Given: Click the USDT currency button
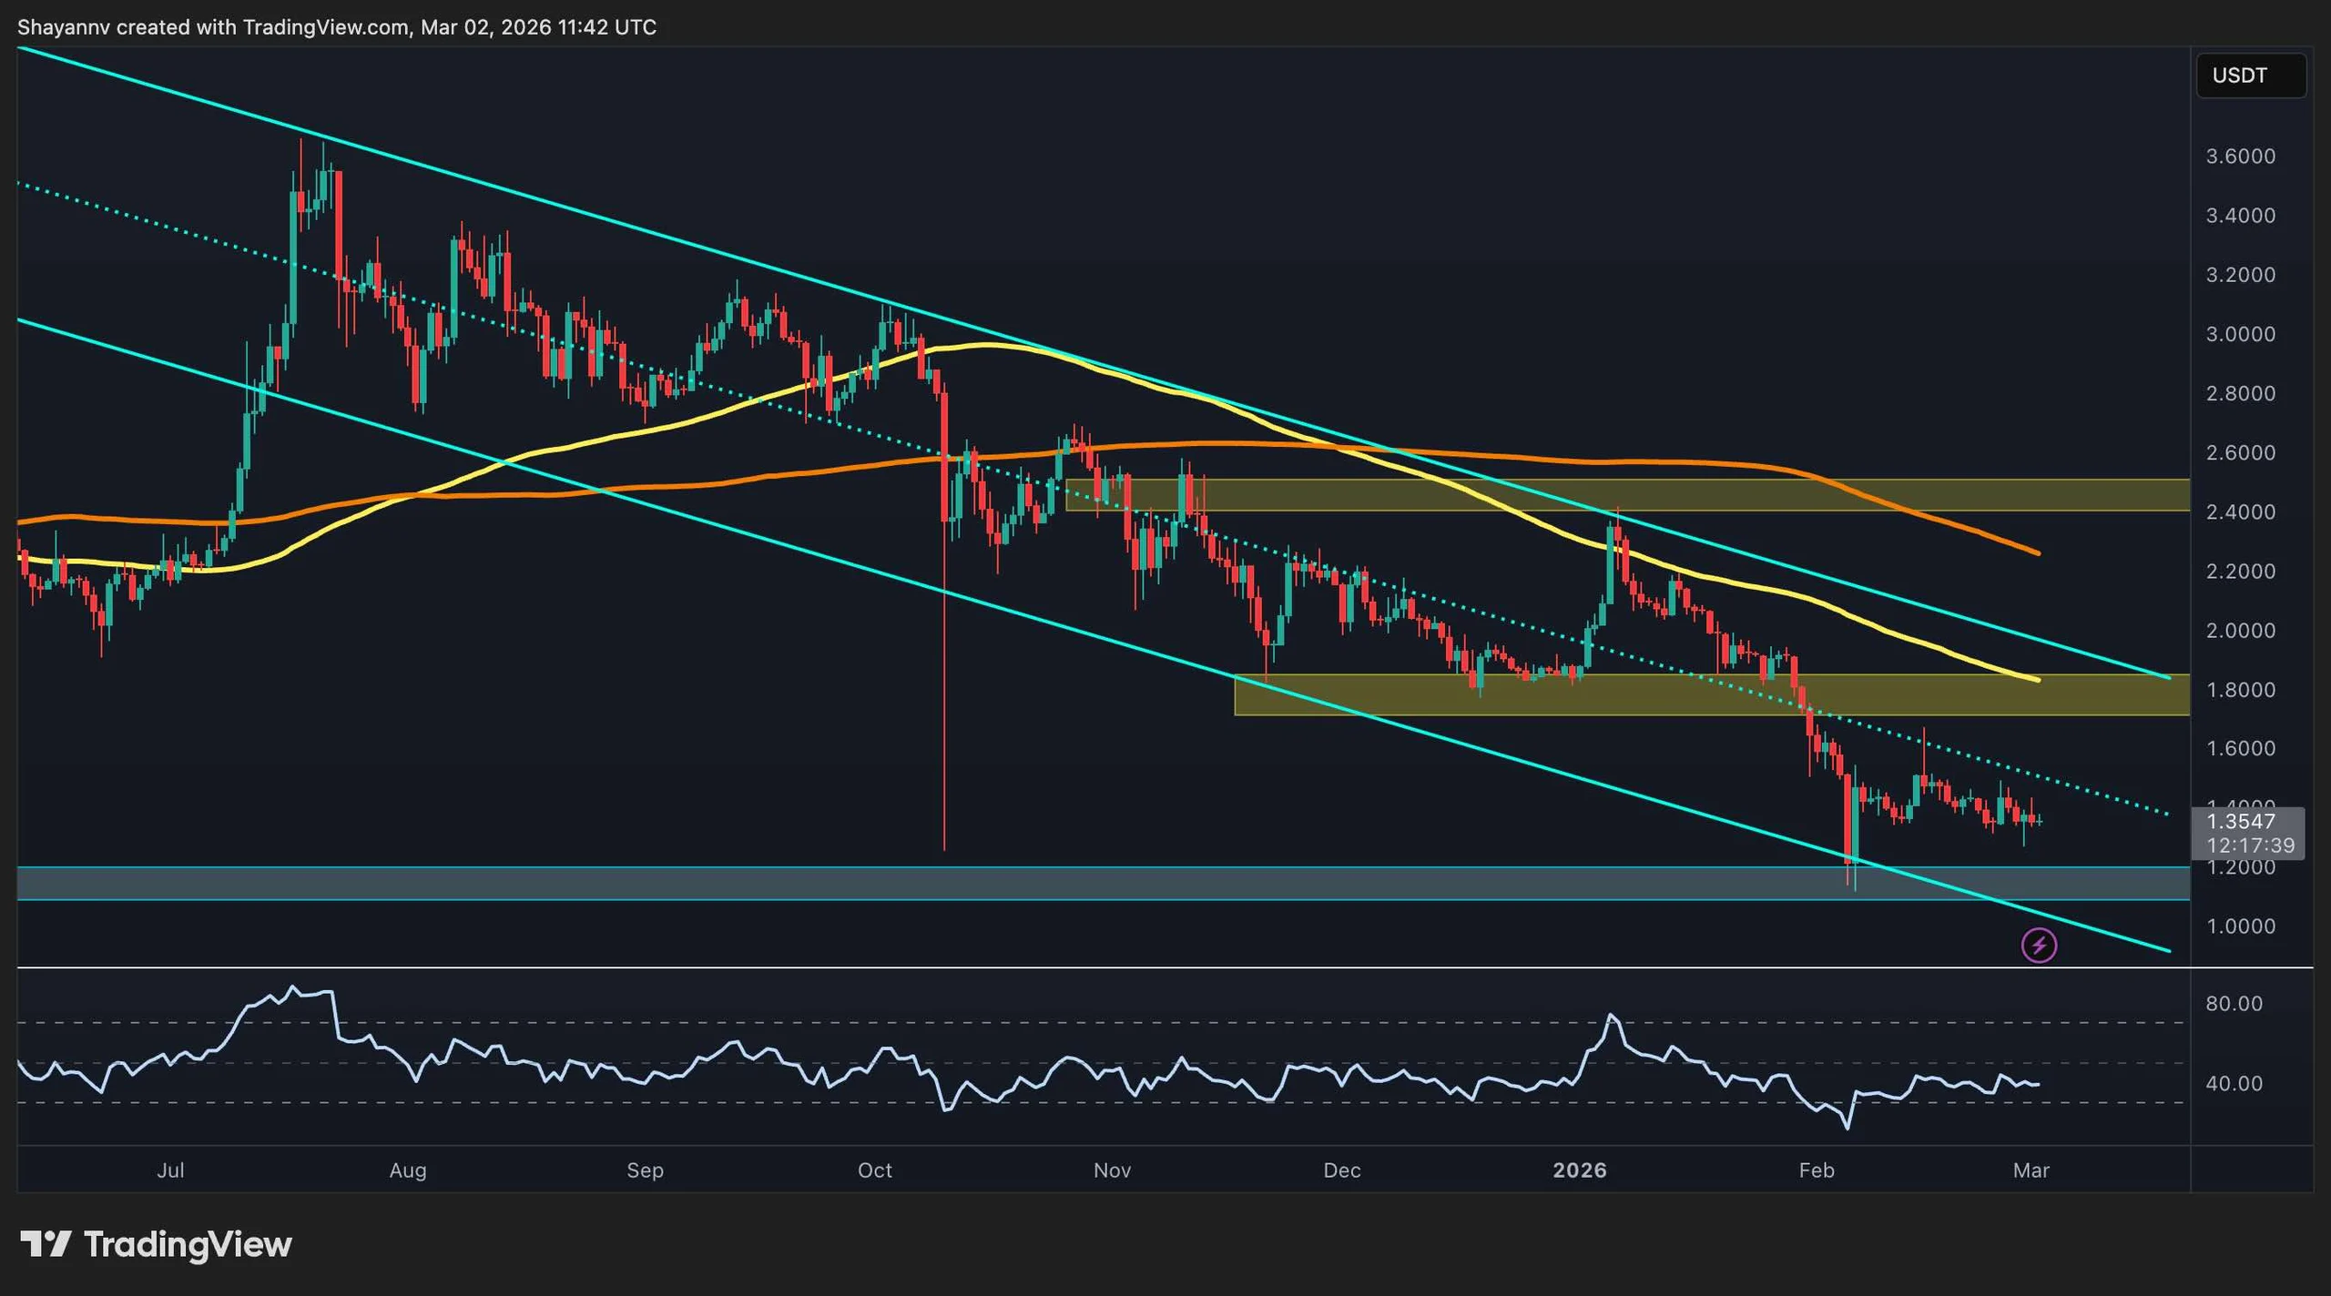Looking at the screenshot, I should click(x=2250, y=76).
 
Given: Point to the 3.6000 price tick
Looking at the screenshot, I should click(x=2240, y=157).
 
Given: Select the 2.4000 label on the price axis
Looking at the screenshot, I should click(x=2240, y=512).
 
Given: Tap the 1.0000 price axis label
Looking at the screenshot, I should click(x=2240, y=926).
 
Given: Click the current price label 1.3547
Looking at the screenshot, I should click(x=2241, y=822).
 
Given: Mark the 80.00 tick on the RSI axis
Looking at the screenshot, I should click(x=2234, y=1004).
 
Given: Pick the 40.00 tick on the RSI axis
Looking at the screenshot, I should click(x=2234, y=1084).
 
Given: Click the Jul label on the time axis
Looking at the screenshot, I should click(x=170, y=1170).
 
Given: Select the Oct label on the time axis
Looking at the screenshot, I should click(x=874, y=1170).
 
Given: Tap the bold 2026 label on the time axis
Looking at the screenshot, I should click(x=1579, y=1170).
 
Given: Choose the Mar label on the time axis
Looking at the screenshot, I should click(x=2031, y=1170).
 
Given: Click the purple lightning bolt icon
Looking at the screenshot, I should click(x=2039, y=946).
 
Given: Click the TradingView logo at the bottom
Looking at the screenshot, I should click(x=156, y=1244).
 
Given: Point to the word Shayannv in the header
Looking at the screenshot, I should click(x=64, y=27).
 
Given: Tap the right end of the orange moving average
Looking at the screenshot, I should click(x=2037, y=552).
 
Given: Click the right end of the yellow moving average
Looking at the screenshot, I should click(x=2037, y=679).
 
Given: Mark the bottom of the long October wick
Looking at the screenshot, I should click(x=944, y=848).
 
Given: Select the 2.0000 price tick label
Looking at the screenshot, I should click(x=2240, y=631).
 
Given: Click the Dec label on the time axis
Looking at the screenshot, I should click(x=1341, y=1170).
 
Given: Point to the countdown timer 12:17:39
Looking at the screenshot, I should click(x=2250, y=845).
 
